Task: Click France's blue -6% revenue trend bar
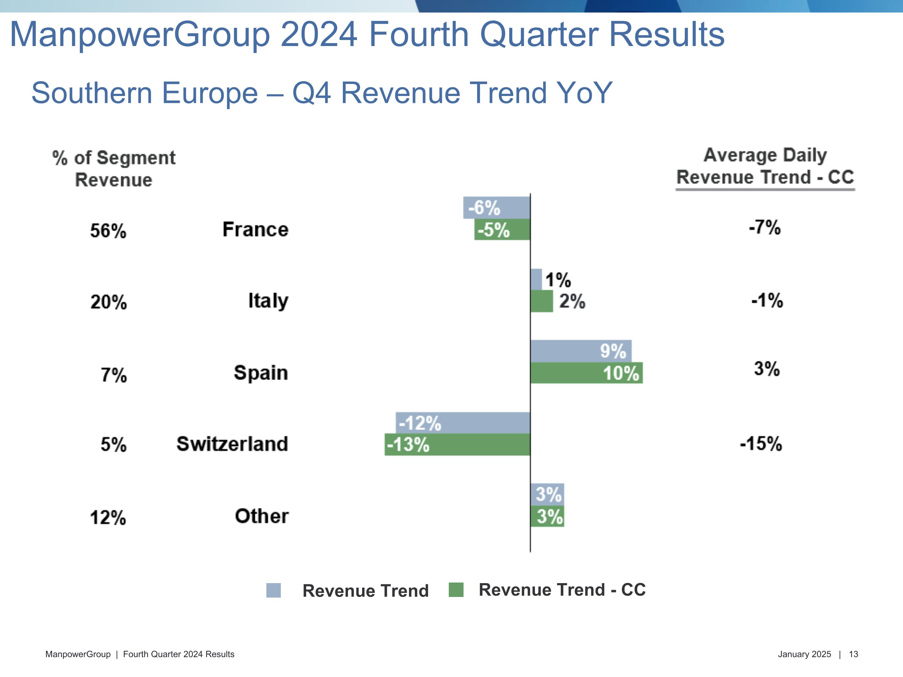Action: [496, 208]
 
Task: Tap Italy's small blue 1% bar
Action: [536, 280]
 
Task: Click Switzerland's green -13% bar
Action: [457, 445]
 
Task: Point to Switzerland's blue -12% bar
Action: [463, 423]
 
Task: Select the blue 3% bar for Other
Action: [547, 494]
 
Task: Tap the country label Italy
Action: [268, 301]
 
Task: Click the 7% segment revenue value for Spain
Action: [114, 375]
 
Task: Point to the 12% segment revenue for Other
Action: [108, 518]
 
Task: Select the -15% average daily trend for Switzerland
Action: [761, 444]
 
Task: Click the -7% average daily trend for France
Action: [765, 227]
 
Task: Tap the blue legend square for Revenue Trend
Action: [274, 590]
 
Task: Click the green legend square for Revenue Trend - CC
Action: [456, 590]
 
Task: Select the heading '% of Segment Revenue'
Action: [114, 168]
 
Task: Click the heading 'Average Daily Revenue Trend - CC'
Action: [765, 166]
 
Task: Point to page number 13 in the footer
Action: [853, 654]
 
